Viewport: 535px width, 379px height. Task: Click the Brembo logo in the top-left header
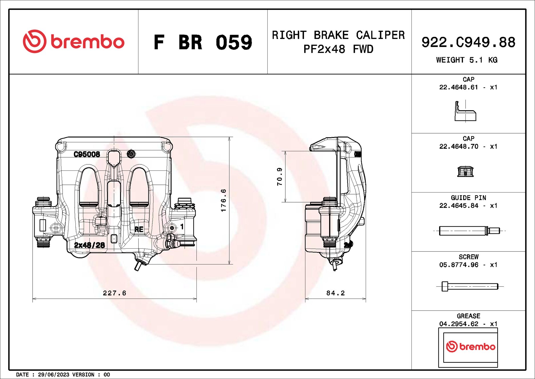(x=73, y=42)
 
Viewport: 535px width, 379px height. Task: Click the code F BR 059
(x=203, y=42)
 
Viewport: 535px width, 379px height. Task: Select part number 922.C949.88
(x=468, y=42)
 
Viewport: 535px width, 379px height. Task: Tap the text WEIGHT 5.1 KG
(x=467, y=60)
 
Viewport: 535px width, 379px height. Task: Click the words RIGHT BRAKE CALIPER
(x=338, y=35)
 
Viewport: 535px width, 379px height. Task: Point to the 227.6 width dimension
(x=114, y=293)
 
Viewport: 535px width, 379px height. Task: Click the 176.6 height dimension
(x=223, y=200)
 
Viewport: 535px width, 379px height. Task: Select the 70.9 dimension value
(x=279, y=176)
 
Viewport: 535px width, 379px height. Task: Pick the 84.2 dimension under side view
(x=335, y=293)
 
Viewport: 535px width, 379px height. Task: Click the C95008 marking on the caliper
(x=87, y=154)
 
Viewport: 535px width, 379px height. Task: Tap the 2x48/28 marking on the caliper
(x=89, y=245)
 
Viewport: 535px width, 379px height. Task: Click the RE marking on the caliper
(x=139, y=229)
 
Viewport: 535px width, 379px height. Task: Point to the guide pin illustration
(x=469, y=231)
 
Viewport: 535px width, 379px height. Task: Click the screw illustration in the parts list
(x=469, y=286)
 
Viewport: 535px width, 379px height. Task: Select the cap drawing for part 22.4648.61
(x=465, y=112)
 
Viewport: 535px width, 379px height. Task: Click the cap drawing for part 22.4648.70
(x=465, y=171)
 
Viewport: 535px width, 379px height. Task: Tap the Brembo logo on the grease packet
(x=470, y=347)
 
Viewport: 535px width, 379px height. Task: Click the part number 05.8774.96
(x=459, y=265)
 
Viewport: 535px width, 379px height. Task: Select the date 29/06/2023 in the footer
(x=53, y=374)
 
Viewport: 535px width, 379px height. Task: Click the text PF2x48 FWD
(x=338, y=49)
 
